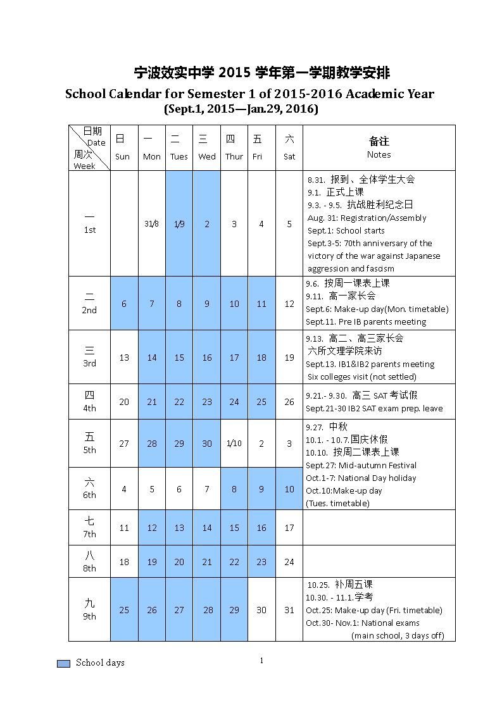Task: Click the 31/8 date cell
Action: (x=151, y=224)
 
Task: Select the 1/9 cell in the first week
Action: (x=179, y=224)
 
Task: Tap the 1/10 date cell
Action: (x=234, y=444)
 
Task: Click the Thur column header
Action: (x=234, y=156)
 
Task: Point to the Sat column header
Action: (x=289, y=156)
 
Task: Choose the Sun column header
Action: (x=123, y=156)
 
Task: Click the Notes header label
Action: (x=379, y=154)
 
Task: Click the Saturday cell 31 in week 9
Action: (x=289, y=610)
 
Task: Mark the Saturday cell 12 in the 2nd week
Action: (x=289, y=304)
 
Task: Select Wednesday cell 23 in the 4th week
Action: (x=207, y=402)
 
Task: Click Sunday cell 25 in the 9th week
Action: (x=124, y=610)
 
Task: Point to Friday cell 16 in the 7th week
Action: (x=261, y=528)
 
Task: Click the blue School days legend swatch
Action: (x=63, y=663)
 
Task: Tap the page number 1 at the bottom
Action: (x=261, y=661)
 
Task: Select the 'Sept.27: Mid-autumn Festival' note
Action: (x=361, y=465)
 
